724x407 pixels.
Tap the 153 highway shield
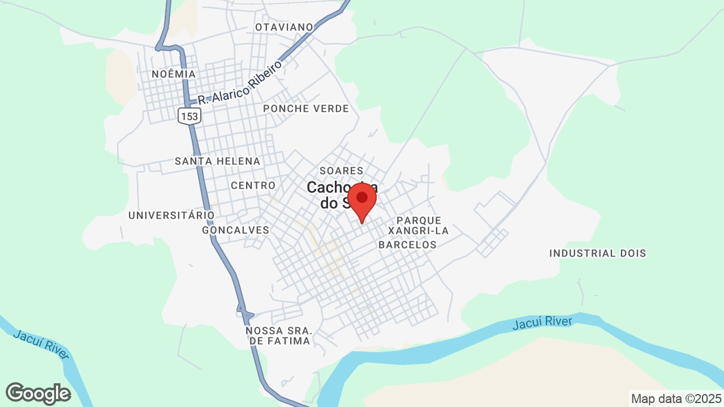click(x=189, y=116)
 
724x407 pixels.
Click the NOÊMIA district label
click(x=174, y=74)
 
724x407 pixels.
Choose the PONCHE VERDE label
click(x=306, y=109)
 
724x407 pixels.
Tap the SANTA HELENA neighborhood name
click(x=218, y=161)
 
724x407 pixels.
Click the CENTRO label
click(x=253, y=185)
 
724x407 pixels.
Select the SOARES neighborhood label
click(x=341, y=170)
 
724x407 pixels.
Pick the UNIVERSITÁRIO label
click(x=171, y=215)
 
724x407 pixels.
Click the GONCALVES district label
click(x=236, y=230)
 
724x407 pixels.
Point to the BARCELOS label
click(x=407, y=245)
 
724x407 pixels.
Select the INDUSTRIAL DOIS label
click(x=598, y=253)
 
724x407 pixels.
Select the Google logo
click(x=38, y=393)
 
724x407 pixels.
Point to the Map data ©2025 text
click(x=676, y=399)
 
